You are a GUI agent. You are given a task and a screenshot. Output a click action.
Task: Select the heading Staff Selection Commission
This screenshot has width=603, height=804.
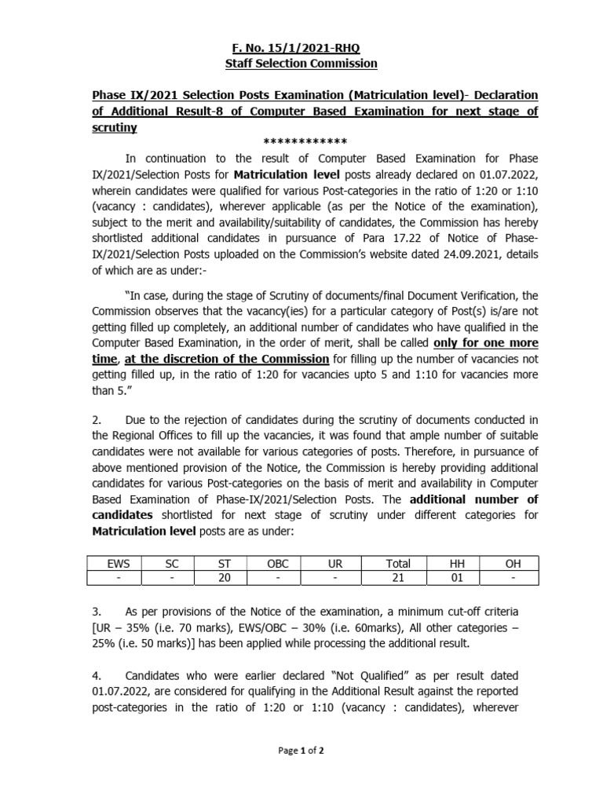[301, 63]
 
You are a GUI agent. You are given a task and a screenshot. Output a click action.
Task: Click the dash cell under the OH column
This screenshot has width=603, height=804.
[511, 578]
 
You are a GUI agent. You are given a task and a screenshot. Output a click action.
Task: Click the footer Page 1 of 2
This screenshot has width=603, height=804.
[301, 751]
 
